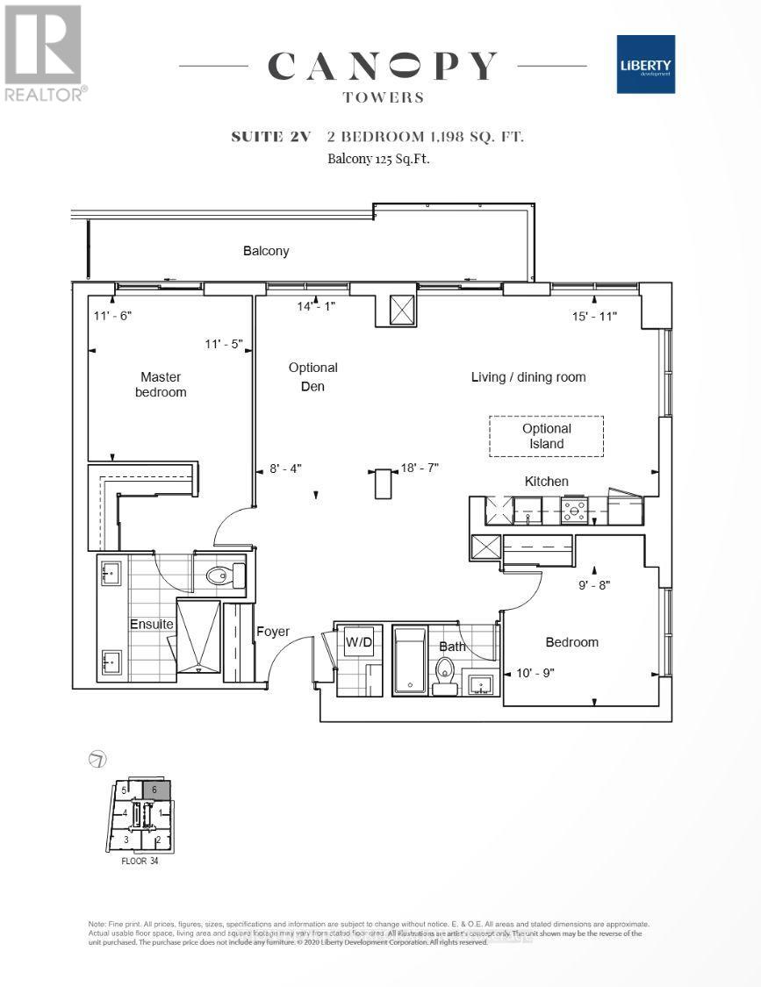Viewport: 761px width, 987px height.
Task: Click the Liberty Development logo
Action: [x=644, y=64]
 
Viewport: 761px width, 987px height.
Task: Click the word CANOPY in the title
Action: [x=383, y=67]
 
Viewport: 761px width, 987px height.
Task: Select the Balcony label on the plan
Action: [x=266, y=251]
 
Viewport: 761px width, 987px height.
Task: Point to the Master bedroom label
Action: [x=160, y=384]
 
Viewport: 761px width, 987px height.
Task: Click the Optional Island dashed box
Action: [x=546, y=436]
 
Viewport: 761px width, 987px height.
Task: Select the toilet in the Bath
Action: [x=445, y=676]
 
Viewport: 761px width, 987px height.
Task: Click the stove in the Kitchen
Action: [x=574, y=508]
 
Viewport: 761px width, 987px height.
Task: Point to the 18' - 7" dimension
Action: [x=420, y=468]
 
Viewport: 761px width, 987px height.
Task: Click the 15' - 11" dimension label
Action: [x=594, y=316]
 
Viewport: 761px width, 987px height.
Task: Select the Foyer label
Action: [x=272, y=632]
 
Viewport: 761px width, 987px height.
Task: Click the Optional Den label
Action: [x=312, y=376]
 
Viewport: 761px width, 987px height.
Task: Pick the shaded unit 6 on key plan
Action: [x=156, y=789]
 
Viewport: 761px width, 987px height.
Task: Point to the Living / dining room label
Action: [x=528, y=377]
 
